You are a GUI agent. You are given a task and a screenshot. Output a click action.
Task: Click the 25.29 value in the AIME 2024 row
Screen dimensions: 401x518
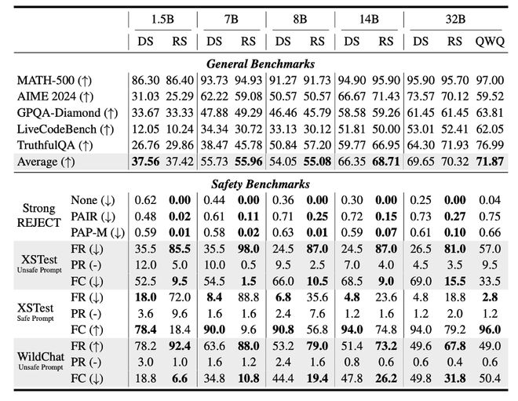(x=179, y=97)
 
